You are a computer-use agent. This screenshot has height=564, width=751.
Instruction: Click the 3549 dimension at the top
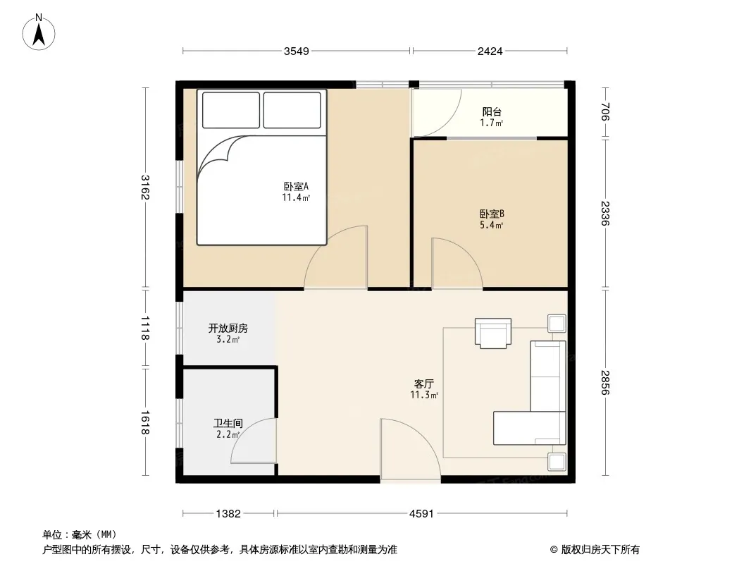pyautogui.click(x=297, y=51)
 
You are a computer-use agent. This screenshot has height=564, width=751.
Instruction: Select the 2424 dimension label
pyautogui.click(x=490, y=51)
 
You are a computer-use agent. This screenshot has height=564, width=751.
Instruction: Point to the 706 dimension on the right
pyautogui.click(x=605, y=112)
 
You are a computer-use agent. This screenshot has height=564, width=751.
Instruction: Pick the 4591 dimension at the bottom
pyautogui.click(x=421, y=514)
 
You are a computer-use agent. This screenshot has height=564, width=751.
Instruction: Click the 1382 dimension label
pyautogui.click(x=228, y=514)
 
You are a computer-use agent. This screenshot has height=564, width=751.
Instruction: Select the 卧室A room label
pyautogui.click(x=296, y=186)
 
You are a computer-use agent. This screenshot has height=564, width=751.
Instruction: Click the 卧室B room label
pyautogui.click(x=492, y=214)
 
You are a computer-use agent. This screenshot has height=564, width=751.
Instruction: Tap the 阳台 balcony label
pyautogui.click(x=492, y=112)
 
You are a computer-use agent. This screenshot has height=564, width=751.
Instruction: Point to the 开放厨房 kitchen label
pyautogui.click(x=228, y=329)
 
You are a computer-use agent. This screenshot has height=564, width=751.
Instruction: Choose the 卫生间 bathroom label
pyautogui.click(x=228, y=424)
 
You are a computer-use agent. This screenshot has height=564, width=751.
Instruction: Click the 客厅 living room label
pyautogui.click(x=424, y=384)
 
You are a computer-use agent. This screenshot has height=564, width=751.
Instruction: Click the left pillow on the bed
pyautogui.click(x=231, y=110)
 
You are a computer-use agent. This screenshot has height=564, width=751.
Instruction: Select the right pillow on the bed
pyautogui.click(x=292, y=110)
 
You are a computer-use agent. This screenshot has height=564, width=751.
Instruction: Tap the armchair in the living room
pyautogui.click(x=493, y=333)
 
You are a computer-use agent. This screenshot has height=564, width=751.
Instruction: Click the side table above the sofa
pyautogui.click(x=557, y=323)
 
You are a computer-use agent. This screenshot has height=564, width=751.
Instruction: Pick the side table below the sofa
pyautogui.click(x=557, y=462)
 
